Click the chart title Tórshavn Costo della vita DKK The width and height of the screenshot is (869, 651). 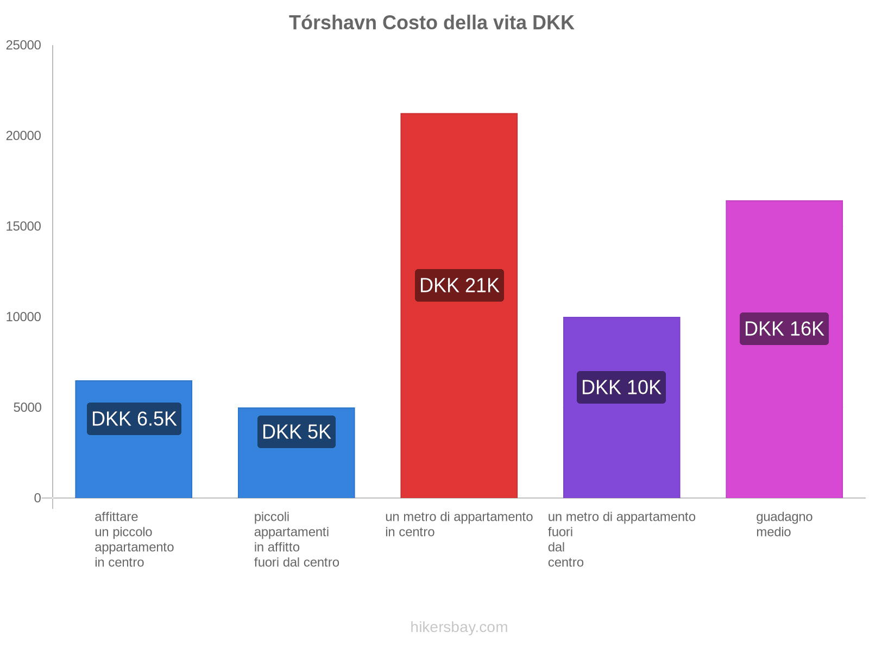[x=431, y=23]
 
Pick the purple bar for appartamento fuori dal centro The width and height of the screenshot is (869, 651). [x=621, y=445]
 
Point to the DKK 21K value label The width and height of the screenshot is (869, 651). [x=459, y=285]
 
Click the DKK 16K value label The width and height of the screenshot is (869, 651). [x=784, y=329]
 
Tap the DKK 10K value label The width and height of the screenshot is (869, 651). [x=621, y=387]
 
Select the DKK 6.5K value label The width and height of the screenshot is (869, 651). [x=134, y=419]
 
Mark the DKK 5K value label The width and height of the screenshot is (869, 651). [x=296, y=432]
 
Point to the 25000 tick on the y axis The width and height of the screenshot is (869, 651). [x=23, y=46]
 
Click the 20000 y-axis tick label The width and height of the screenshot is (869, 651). [x=23, y=136]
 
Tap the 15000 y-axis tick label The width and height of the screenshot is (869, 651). [x=23, y=227]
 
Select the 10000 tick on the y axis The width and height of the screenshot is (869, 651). [x=23, y=317]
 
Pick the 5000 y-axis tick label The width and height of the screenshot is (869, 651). [x=27, y=408]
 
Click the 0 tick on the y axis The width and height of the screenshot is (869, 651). [x=37, y=498]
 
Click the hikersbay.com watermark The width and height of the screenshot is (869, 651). [x=459, y=627]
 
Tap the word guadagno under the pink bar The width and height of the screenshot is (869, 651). [x=784, y=517]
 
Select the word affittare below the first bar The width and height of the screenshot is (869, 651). [x=116, y=517]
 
